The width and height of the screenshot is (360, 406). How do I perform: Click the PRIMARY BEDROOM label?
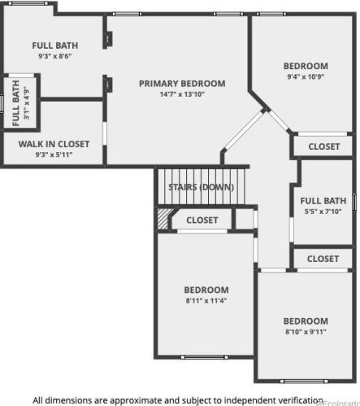tap(182, 84)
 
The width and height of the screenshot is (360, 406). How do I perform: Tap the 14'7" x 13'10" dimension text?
tap(182, 94)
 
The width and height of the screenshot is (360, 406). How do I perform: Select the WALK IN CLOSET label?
tap(54, 144)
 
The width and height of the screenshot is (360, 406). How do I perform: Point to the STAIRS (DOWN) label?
tap(202, 187)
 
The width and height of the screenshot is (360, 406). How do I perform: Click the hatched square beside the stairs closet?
tap(163, 219)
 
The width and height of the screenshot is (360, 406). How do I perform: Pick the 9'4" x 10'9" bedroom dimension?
tap(306, 76)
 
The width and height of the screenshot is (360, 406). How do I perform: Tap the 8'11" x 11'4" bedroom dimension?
tap(206, 300)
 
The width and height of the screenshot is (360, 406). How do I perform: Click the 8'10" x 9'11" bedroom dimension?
tap(306, 332)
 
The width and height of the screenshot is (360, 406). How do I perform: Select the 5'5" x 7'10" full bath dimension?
tap(323, 212)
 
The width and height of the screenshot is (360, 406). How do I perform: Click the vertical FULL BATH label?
tap(16, 103)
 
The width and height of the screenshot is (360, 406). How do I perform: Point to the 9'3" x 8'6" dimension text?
tap(55, 56)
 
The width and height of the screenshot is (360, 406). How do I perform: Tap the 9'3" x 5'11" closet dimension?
tap(54, 155)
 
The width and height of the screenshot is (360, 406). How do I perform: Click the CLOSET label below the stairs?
tap(202, 220)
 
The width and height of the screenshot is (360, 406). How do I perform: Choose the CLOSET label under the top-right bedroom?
tap(324, 146)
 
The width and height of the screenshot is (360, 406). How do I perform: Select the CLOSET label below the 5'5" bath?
tap(323, 259)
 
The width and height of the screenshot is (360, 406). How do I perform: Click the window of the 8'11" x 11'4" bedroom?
tap(205, 357)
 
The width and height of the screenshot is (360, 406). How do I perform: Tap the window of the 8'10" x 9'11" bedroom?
tap(304, 381)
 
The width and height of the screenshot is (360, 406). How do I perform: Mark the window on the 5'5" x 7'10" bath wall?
tap(354, 203)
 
